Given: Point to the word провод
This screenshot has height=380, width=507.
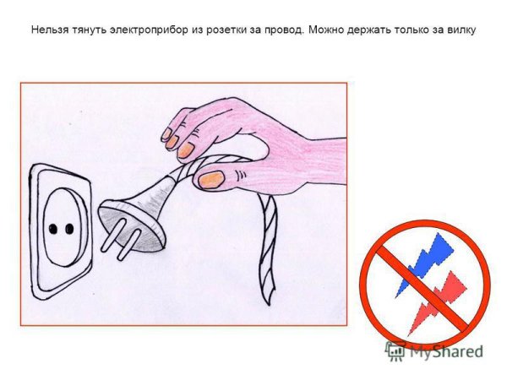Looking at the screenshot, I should click(280, 30).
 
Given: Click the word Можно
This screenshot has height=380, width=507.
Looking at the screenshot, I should click(325, 30).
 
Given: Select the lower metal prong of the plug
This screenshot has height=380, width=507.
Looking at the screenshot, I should click(125, 250).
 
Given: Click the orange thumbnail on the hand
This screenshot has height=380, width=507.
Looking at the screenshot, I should click(210, 178).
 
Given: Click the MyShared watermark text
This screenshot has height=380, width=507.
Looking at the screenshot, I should click(447, 351).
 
